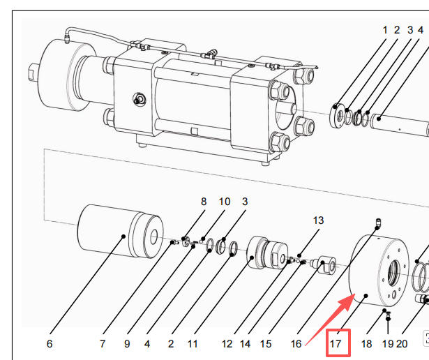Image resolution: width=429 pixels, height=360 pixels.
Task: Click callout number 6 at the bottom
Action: click(50, 344)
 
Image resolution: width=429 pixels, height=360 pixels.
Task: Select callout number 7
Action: click(103, 344)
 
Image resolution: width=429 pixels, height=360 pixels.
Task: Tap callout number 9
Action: click(127, 344)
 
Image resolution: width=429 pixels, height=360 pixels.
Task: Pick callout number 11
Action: click(193, 344)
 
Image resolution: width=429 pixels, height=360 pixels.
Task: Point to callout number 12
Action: click(227, 344)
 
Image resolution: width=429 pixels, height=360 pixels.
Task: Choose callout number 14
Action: click(245, 344)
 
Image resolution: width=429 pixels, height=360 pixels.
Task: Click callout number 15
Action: click(266, 344)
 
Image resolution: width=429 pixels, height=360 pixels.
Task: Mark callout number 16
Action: click(296, 344)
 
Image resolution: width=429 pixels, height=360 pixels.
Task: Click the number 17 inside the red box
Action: click(336, 344)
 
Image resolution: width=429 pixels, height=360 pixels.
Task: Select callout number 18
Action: click(367, 344)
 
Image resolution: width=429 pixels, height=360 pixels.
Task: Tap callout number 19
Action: click(387, 344)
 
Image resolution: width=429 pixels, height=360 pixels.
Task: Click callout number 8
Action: click(204, 202)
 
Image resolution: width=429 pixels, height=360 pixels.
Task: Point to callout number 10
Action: click(225, 202)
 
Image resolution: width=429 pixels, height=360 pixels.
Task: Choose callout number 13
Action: click(318, 220)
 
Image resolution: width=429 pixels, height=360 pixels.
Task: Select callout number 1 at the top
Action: click(384, 30)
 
